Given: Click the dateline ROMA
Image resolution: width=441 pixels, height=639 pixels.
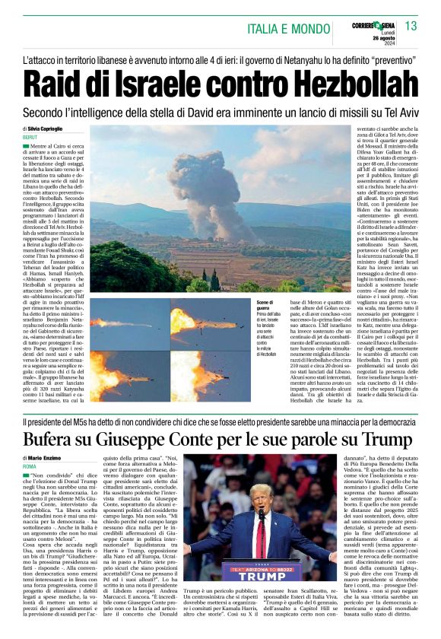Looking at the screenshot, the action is coord(30,466).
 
